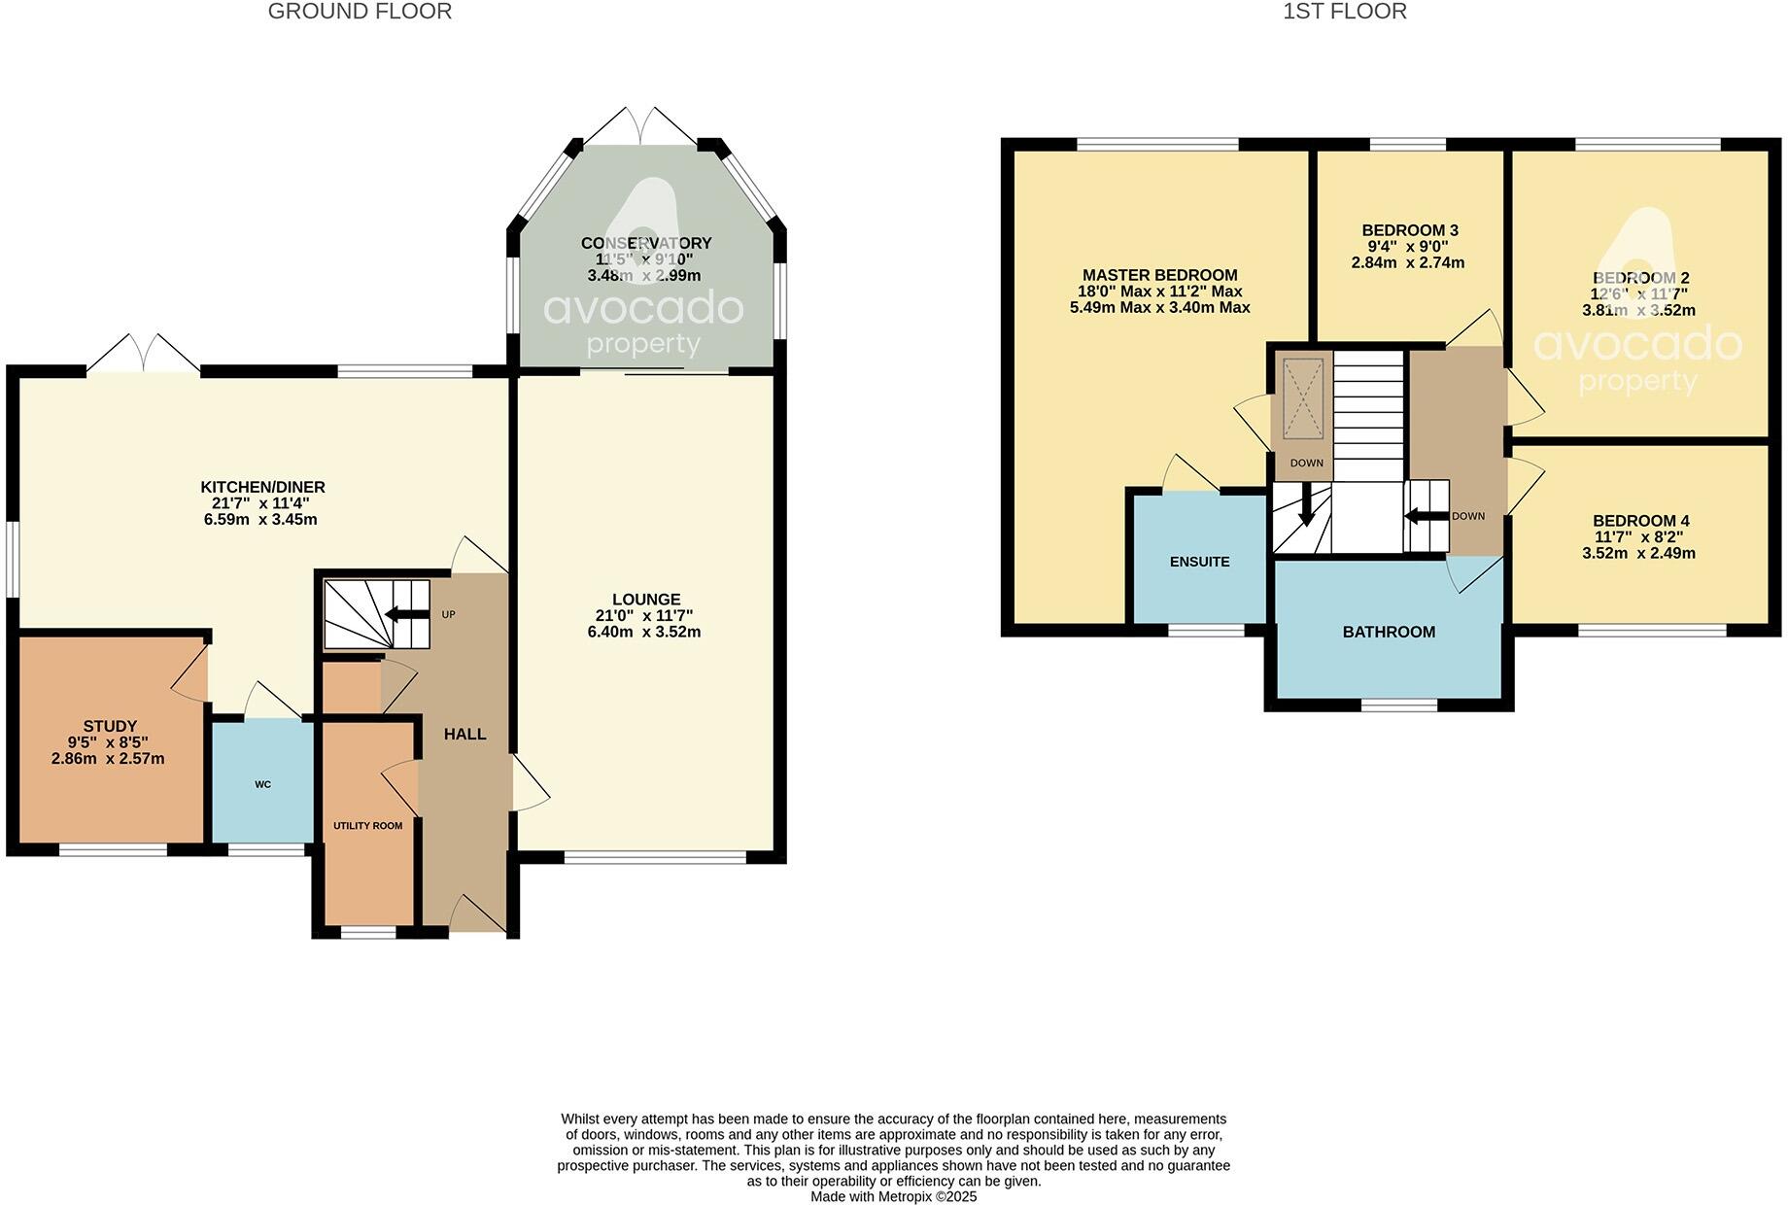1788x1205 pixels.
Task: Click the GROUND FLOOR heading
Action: tap(360, 12)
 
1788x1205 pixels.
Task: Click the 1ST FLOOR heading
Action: tap(1344, 12)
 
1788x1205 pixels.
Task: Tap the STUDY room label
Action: tap(109, 726)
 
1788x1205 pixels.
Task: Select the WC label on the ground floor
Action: tap(262, 784)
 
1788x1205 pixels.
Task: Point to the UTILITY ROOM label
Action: tap(367, 826)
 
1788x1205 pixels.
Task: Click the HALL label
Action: tap(464, 734)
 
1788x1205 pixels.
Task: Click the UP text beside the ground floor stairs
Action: tap(448, 614)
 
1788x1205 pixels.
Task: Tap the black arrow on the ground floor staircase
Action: tap(406, 613)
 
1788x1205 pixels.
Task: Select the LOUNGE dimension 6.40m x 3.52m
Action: tap(643, 632)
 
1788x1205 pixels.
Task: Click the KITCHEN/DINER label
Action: tap(262, 487)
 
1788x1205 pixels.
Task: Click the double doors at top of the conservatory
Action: tap(641, 126)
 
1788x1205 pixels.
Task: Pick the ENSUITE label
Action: tap(1199, 562)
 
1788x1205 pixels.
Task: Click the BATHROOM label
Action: tap(1388, 632)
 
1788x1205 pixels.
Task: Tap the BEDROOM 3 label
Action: tap(1409, 230)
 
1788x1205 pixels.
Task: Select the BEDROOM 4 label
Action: tap(1640, 521)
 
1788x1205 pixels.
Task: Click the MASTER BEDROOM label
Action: tap(1159, 275)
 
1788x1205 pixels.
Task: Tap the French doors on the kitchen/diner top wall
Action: tap(143, 354)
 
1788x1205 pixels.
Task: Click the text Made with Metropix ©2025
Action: tap(893, 1196)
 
